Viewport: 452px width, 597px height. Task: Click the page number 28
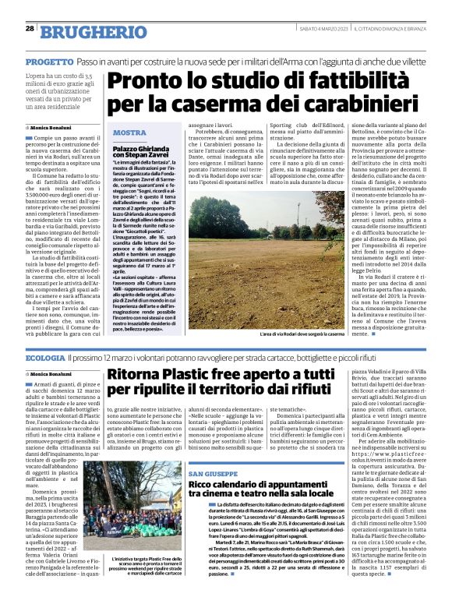pos(29,29)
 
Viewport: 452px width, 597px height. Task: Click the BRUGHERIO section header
pos(83,32)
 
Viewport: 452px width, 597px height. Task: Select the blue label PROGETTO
pos(49,60)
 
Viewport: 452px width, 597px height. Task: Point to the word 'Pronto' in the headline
pos(145,81)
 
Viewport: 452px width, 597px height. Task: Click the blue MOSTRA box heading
pos(130,132)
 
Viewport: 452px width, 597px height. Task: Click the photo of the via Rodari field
pos(267,260)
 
